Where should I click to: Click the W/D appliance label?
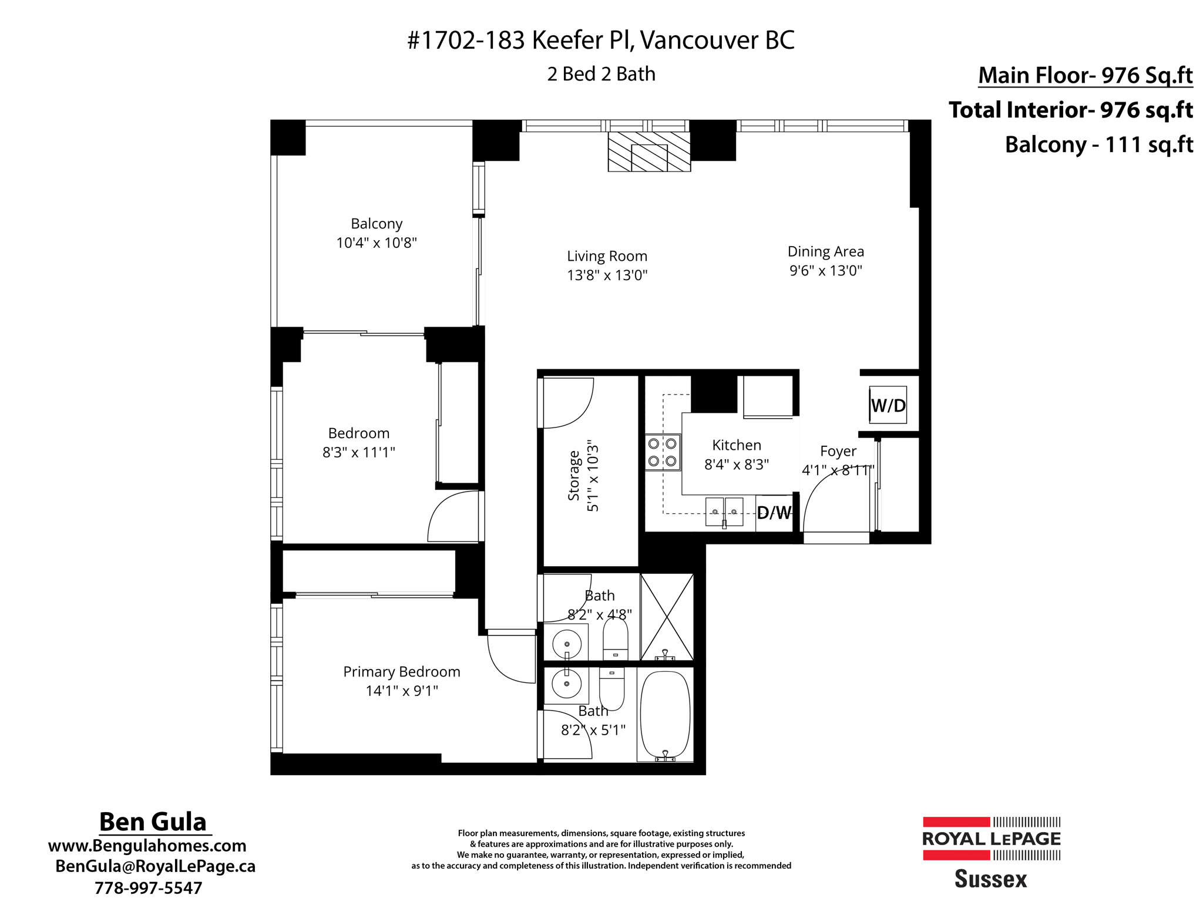[x=888, y=405]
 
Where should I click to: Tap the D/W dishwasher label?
[x=774, y=513]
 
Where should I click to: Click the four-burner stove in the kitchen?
[x=663, y=452]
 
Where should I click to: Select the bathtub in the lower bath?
[x=665, y=715]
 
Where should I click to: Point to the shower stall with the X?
[x=667, y=617]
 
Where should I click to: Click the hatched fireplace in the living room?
[x=649, y=152]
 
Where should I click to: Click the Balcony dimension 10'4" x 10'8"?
[x=376, y=243]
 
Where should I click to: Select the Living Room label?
[x=607, y=256]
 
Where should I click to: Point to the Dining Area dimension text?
[x=825, y=270]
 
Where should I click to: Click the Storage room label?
[x=574, y=476]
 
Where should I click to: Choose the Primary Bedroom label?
[x=401, y=671]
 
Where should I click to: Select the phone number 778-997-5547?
[x=148, y=887]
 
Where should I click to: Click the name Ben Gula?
[x=153, y=822]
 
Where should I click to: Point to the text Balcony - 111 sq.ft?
[x=1098, y=144]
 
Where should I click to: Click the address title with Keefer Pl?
[x=600, y=40]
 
